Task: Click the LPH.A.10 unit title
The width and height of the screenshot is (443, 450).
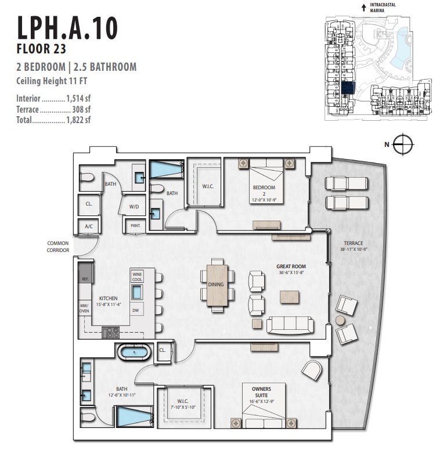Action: (67, 27)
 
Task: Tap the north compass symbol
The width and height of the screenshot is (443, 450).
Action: (401, 143)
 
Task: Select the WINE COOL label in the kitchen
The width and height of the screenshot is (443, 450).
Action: (137, 278)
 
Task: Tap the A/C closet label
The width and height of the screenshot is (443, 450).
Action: (89, 226)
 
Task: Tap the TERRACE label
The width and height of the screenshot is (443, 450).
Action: (353, 243)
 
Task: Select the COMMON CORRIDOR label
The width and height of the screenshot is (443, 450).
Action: (58, 246)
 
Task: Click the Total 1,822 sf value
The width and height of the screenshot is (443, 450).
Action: (79, 121)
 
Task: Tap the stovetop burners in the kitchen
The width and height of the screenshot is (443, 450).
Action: (110, 332)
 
